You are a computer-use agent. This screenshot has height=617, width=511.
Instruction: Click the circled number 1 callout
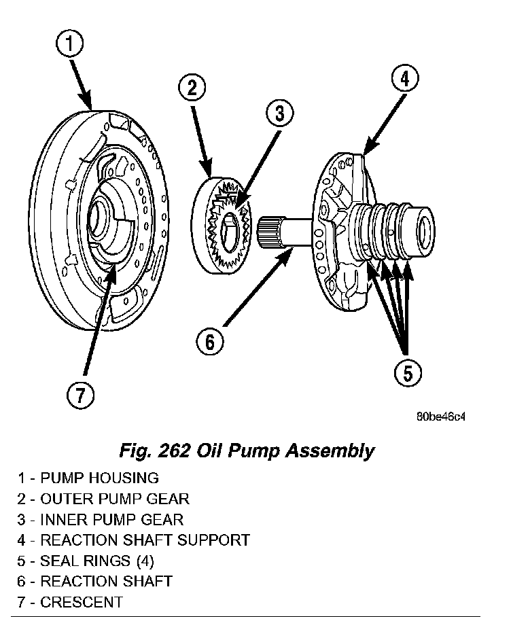(x=69, y=46)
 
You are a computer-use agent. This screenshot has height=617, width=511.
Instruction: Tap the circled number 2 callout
(x=192, y=88)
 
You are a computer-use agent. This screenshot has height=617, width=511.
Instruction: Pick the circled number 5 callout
(x=408, y=372)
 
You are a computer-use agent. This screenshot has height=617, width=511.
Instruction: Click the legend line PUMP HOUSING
(x=88, y=478)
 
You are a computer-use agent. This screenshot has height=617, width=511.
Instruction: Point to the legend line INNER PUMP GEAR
(x=101, y=520)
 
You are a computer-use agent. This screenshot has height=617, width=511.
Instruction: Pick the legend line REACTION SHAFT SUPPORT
(x=133, y=540)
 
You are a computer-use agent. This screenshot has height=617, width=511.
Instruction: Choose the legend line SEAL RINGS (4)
(x=86, y=561)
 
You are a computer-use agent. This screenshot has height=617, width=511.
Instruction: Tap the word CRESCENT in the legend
(x=82, y=602)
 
